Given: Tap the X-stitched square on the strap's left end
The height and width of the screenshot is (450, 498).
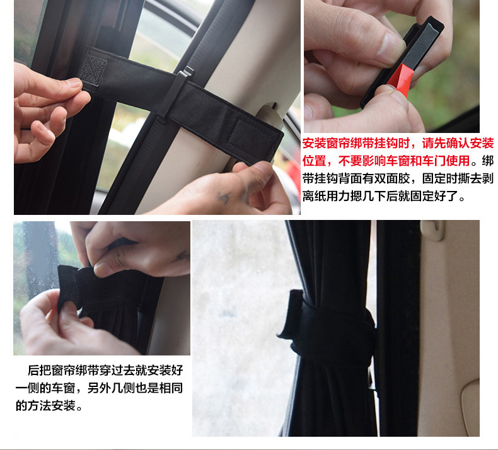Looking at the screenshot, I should pyautogui.click(x=95, y=69).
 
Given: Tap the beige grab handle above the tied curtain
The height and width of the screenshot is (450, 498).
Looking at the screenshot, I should pyautogui.click(x=435, y=230).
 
